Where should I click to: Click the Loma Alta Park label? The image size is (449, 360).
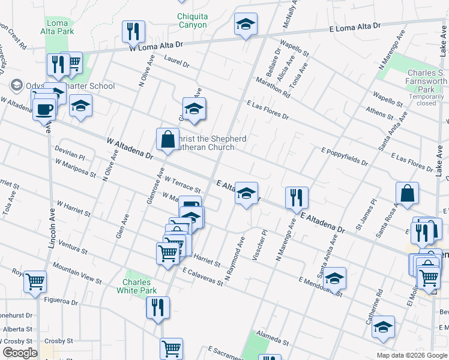(57, 27)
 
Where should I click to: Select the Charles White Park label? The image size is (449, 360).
(140, 286)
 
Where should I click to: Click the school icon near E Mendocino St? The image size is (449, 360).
(335, 278)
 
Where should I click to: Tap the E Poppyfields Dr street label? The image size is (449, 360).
(345, 155)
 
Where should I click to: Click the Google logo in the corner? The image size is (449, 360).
(20, 353)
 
